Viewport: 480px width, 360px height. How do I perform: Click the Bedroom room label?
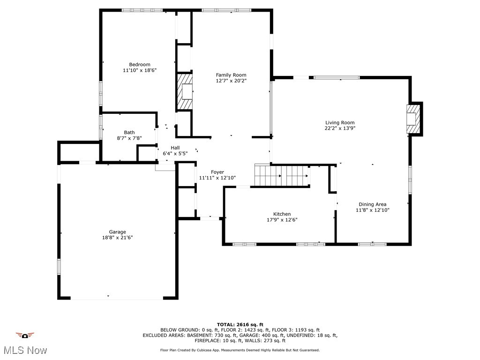(140, 65)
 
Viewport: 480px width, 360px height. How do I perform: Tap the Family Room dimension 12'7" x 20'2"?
(231, 81)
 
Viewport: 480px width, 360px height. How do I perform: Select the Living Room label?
(340, 122)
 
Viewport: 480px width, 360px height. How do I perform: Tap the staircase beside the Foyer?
(281, 176)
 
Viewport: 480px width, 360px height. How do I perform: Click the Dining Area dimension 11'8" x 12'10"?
(372, 210)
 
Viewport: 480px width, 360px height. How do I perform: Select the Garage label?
(117, 232)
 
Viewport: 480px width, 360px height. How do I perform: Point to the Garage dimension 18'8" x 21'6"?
(117, 238)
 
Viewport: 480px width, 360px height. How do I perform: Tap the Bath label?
(129, 132)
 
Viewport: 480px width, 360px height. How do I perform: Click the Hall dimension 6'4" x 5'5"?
(175, 153)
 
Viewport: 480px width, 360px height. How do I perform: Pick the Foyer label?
(217, 172)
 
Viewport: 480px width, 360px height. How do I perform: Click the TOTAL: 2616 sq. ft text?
(240, 324)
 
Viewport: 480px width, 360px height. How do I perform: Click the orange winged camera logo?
(25, 335)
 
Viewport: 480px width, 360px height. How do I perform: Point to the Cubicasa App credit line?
(240, 350)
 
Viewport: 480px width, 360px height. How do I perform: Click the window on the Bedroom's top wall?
(142, 10)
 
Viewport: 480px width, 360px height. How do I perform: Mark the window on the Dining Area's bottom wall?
(372, 244)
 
